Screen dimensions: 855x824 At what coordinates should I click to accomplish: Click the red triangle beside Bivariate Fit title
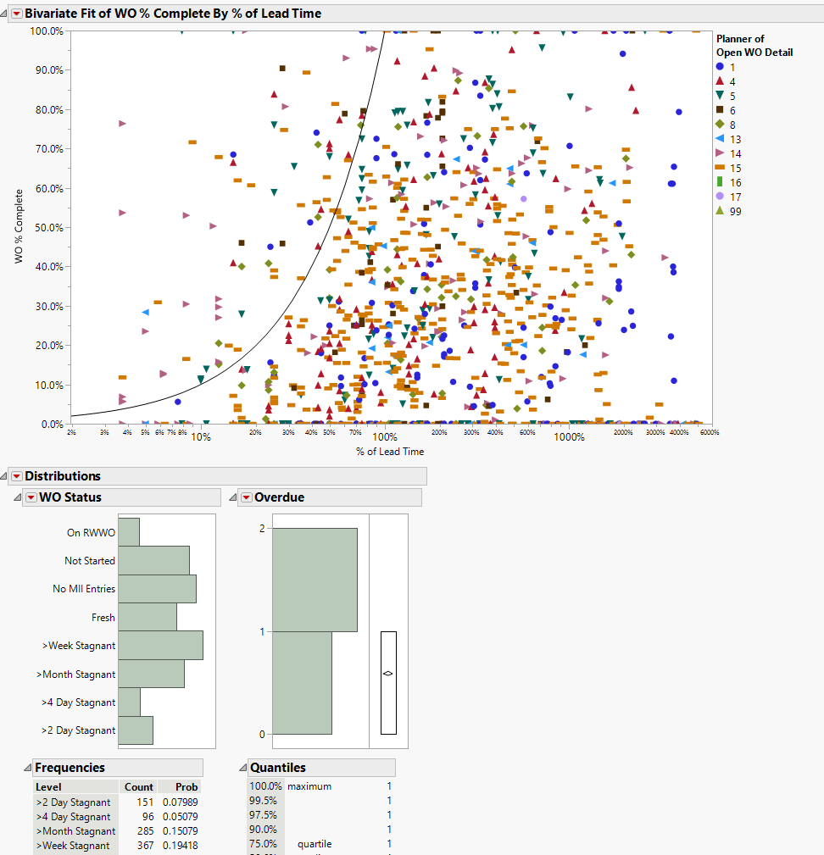tap(16, 14)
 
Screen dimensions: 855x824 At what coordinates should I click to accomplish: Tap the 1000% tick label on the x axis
tap(570, 437)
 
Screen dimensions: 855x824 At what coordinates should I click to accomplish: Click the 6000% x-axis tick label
tap(709, 432)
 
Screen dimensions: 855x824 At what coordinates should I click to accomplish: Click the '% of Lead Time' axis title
tap(391, 452)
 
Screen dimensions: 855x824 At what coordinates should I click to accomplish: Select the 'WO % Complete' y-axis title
tap(19, 227)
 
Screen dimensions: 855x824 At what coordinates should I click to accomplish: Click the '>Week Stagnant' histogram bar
tap(160, 646)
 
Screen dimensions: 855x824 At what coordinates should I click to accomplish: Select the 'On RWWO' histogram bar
tap(129, 532)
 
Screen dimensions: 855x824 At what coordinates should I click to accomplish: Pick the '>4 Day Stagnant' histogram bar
tap(129, 702)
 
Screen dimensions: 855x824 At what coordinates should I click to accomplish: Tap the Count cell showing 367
tap(145, 846)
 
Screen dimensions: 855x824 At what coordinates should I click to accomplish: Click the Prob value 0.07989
tap(184, 802)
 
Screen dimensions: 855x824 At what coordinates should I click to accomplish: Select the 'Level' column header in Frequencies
tap(48, 787)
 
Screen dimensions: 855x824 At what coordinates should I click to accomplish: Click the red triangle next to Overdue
tap(246, 497)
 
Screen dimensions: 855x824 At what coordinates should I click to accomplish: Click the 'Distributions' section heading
tap(62, 476)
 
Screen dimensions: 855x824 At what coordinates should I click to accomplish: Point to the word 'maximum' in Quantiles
tap(309, 786)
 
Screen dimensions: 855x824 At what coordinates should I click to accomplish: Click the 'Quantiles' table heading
tap(277, 768)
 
